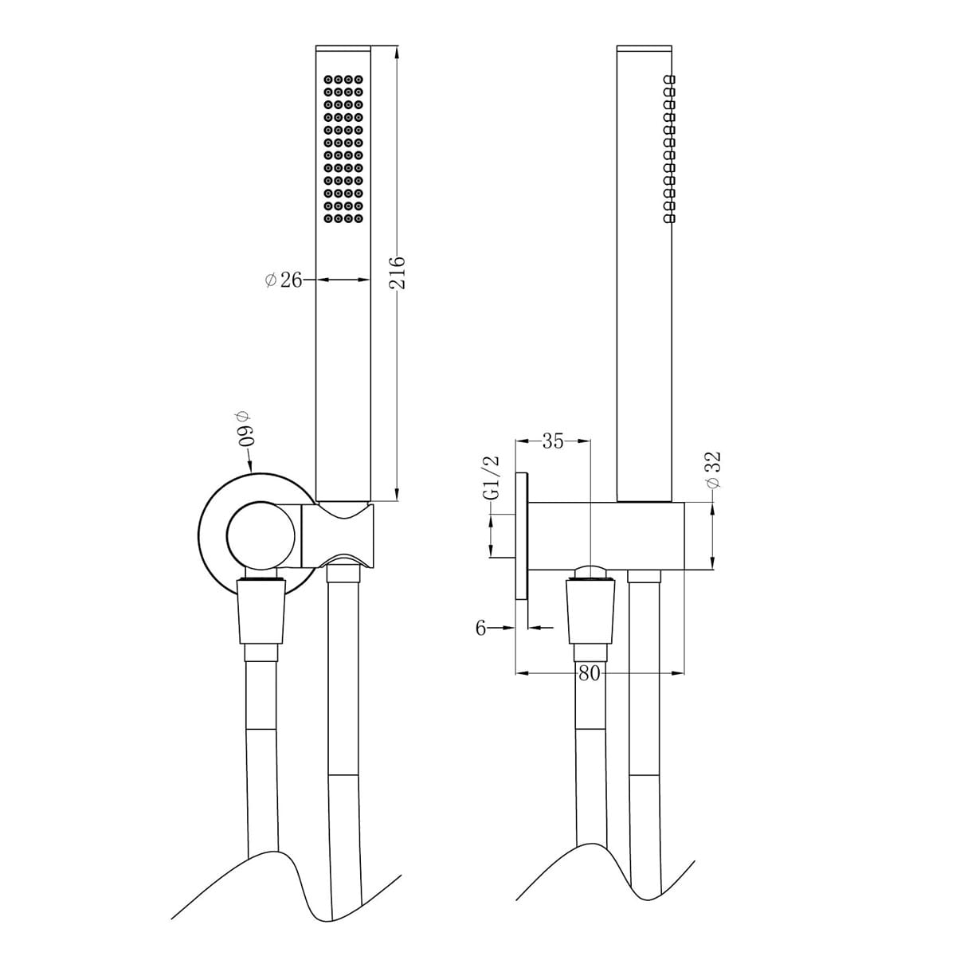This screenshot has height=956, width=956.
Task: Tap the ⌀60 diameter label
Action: point(244,430)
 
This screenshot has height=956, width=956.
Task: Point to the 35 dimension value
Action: point(553,441)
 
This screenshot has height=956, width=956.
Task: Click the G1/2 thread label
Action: point(492,477)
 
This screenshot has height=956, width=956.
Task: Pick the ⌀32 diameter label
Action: point(713,470)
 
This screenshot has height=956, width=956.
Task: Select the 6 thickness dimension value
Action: point(480,628)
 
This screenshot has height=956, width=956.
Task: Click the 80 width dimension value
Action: point(589,673)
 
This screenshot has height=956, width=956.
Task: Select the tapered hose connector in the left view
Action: point(261,609)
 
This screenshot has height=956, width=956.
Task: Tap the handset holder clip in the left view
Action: point(336,535)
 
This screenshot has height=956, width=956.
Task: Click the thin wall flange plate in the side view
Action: point(522,535)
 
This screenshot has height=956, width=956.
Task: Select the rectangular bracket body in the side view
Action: point(605,536)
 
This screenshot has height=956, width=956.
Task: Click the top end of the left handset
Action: point(343,49)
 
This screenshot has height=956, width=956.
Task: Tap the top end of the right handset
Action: point(645,49)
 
